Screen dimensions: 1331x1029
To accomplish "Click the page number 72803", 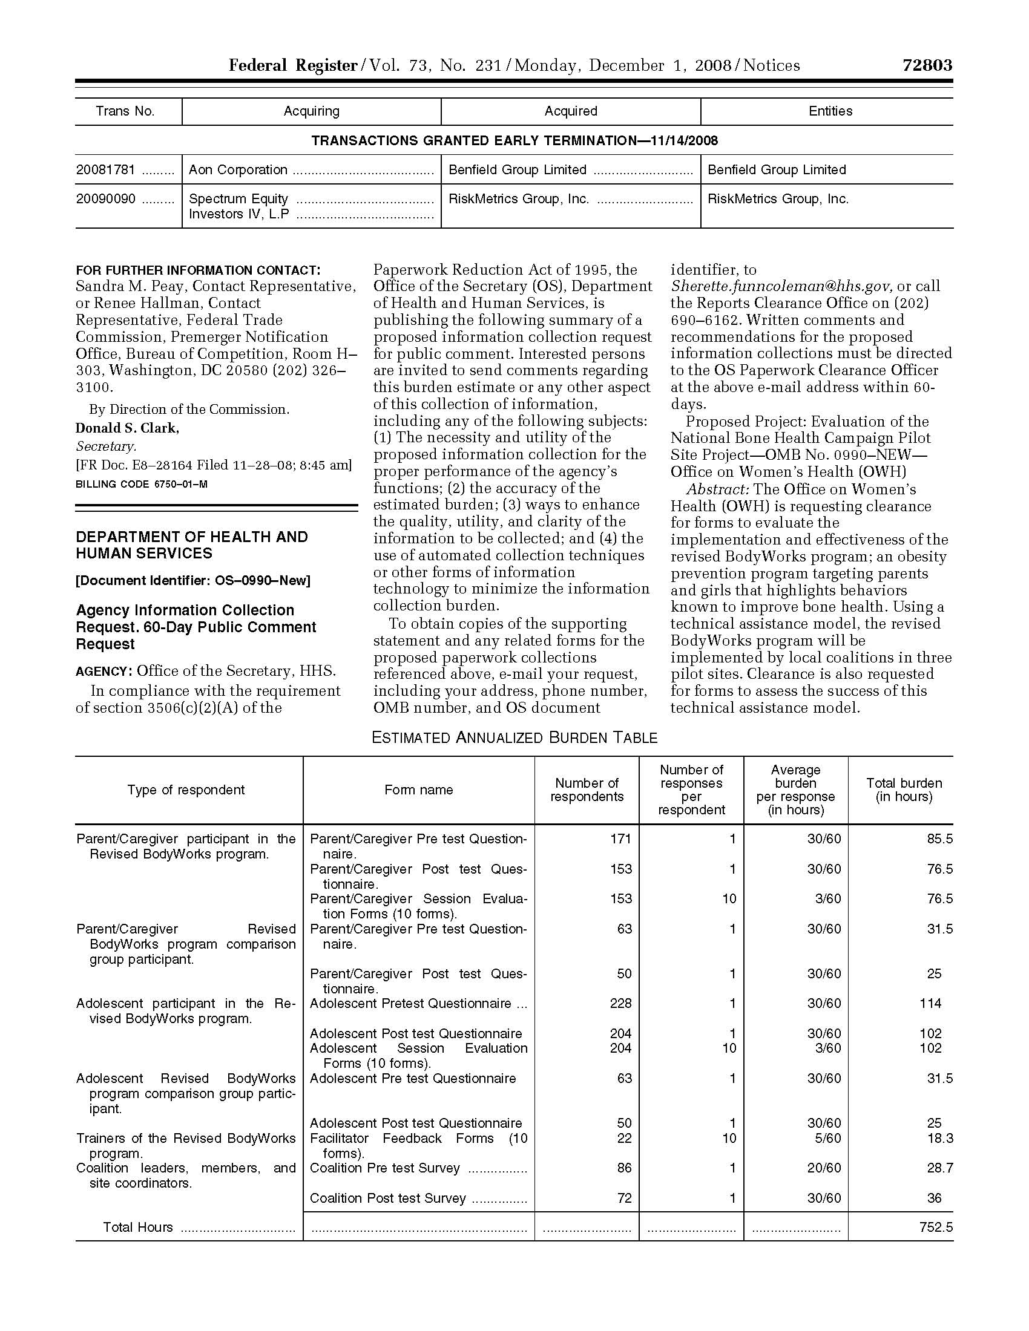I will pos(927,65).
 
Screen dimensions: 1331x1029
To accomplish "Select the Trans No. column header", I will pos(125,111).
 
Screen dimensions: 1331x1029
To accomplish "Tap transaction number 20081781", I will pos(105,169).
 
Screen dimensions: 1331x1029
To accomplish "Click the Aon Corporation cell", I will pos(238,169).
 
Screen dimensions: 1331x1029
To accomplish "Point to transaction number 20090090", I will pos(105,198).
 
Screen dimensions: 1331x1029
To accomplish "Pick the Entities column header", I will pos(830,111).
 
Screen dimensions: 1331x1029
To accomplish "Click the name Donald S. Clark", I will pos(127,428).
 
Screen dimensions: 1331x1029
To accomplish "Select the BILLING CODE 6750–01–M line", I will pos(142,484).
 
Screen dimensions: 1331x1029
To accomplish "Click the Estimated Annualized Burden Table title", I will pos(514,737).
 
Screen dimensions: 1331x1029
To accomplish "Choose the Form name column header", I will pos(418,790).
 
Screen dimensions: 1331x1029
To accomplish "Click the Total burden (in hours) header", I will pos(904,790).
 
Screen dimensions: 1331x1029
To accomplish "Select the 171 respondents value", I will pos(620,839).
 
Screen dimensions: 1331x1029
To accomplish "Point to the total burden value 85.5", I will pos(939,839).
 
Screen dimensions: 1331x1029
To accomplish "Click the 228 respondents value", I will pos(620,1003).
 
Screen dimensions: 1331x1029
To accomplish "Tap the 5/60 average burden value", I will pos(828,1138).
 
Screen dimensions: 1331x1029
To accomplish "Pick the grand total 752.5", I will pos(936,1227).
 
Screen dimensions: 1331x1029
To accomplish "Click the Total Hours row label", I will pos(138,1227).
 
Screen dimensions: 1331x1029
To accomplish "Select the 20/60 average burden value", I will pos(824,1168).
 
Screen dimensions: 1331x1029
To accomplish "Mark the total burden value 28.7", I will pos(939,1168).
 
